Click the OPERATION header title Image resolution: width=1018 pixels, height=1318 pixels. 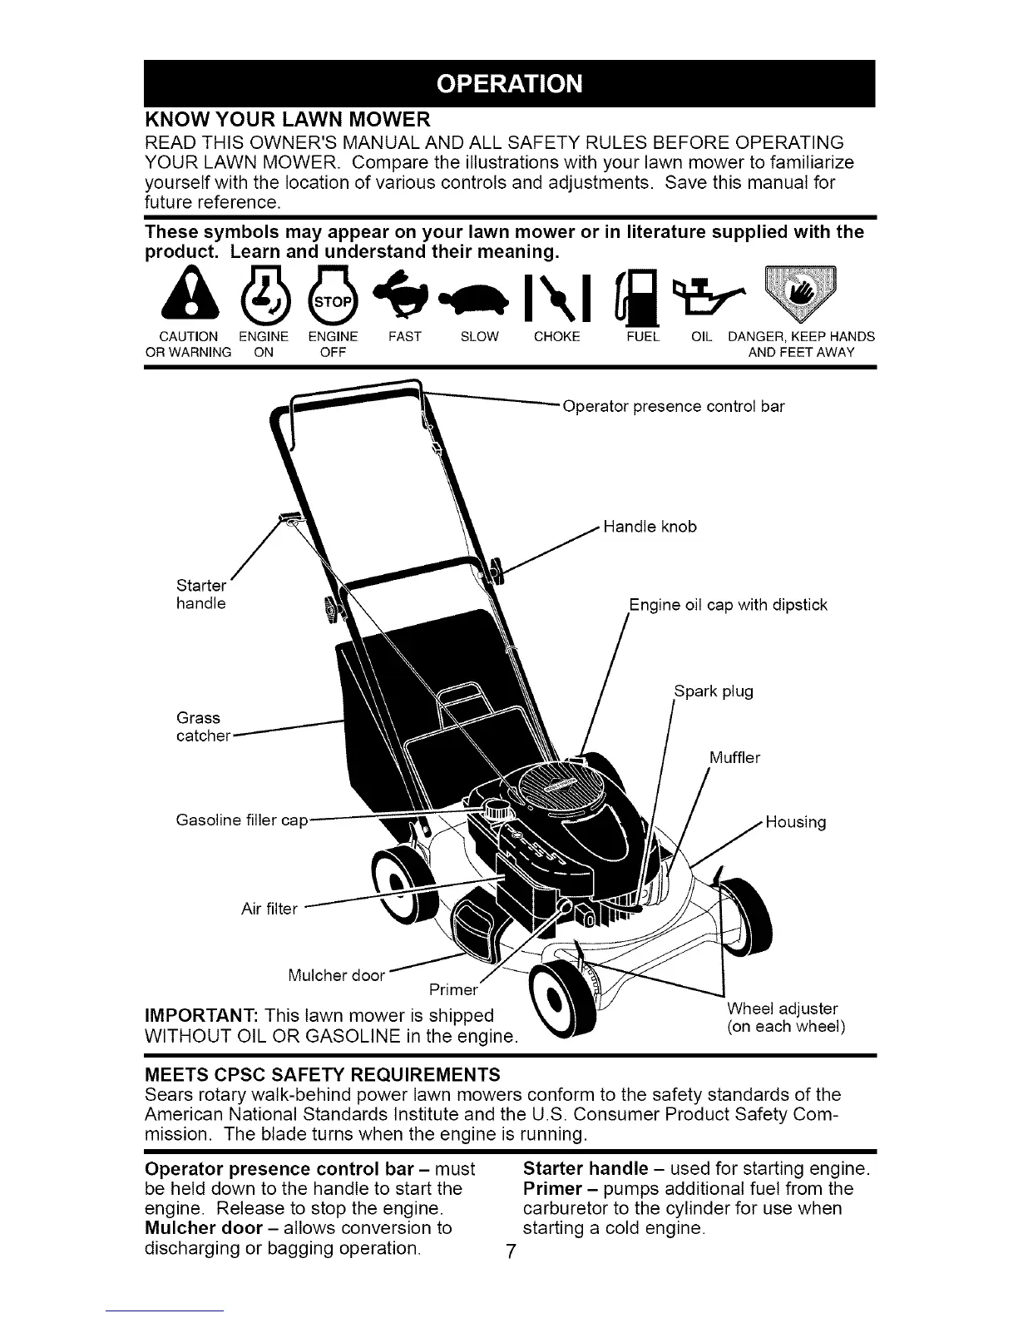pyautogui.click(x=509, y=84)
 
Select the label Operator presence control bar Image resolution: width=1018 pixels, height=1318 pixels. pyautogui.click(x=674, y=407)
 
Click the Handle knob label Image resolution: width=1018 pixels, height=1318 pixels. pyautogui.click(x=650, y=527)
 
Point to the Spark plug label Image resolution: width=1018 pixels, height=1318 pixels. pyautogui.click(x=713, y=691)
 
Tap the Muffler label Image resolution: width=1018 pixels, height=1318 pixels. pyautogui.click(x=734, y=757)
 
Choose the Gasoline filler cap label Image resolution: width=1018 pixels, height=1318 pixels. pyautogui.click(x=242, y=820)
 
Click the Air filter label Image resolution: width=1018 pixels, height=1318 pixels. pyautogui.click(x=269, y=909)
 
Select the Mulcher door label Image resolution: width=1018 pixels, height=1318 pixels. pyautogui.click(x=335, y=975)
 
